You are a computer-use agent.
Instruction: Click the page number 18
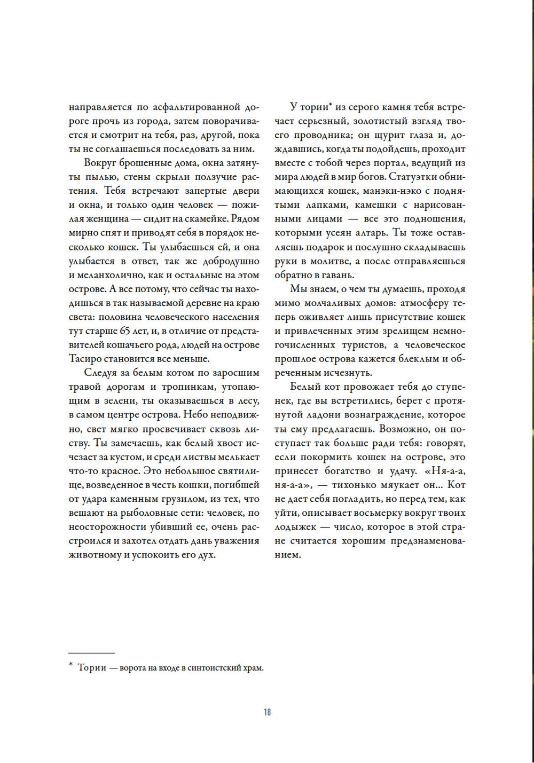267,712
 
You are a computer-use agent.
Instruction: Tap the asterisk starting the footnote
70,665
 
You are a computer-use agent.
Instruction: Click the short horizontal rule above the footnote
91,653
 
